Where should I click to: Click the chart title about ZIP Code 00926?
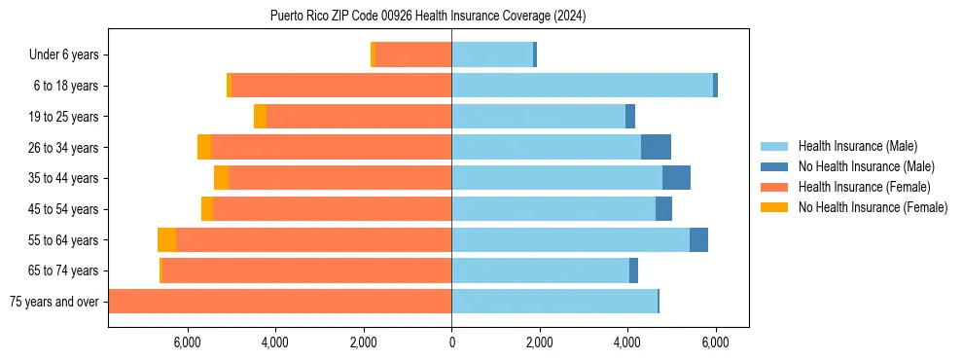[427, 16]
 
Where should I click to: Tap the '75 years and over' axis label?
[53, 302]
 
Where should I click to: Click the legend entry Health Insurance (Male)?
[857, 146]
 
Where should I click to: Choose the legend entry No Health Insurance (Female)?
[873, 207]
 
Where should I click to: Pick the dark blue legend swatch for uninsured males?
[774, 166]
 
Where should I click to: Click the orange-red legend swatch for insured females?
[774, 187]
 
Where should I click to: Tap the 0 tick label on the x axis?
[451, 342]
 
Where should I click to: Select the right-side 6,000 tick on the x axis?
[715, 342]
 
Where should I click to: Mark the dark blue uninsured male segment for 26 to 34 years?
[656, 147]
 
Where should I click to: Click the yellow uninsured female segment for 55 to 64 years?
[166, 239]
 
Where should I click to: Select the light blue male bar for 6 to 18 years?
[582, 86]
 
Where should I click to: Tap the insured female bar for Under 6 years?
[413, 54]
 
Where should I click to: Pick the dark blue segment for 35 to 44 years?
[676, 178]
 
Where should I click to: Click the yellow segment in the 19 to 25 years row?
[260, 116]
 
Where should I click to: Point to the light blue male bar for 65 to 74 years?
[540, 270]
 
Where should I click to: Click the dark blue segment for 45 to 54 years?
[663, 208]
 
